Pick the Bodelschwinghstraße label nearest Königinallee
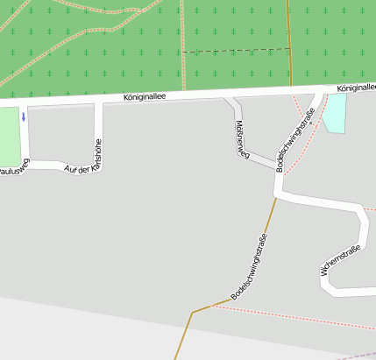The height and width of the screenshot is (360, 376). click(295, 139)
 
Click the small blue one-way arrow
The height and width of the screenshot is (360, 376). click(24, 116)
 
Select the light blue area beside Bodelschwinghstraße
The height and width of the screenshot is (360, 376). click(336, 113)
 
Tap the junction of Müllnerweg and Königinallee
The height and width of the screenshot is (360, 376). click(228, 100)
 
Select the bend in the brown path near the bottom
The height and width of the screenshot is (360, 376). click(192, 312)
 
